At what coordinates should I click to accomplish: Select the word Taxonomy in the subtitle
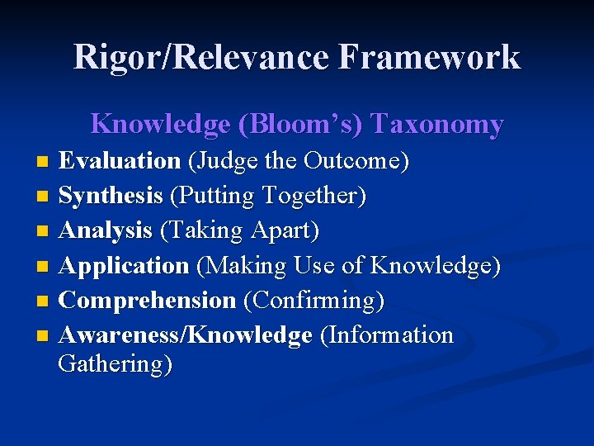(437, 124)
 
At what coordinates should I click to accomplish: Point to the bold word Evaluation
(120, 160)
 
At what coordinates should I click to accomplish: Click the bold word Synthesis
(111, 196)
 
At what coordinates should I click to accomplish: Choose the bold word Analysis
(106, 230)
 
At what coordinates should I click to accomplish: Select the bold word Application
(124, 266)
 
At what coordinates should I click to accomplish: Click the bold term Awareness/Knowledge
(186, 335)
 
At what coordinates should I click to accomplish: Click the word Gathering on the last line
(115, 363)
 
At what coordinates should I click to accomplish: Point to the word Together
(313, 196)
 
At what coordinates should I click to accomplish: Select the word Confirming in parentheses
(313, 301)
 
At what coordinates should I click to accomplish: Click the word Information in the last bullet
(388, 335)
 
